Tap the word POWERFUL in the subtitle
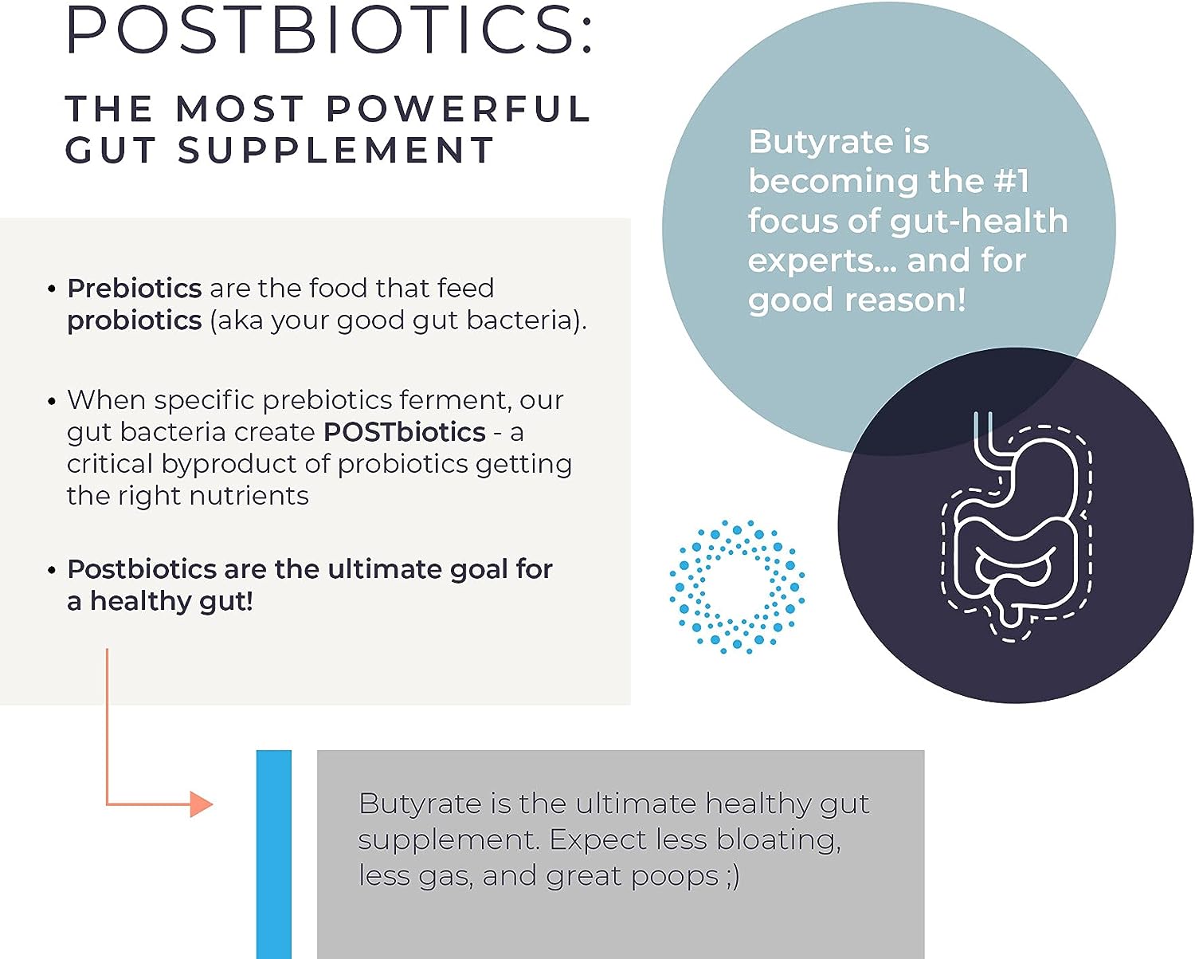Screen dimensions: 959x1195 click(x=457, y=109)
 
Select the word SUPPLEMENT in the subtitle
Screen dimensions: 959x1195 click(x=335, y=151)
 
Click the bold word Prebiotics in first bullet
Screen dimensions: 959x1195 click(x=134, y=288)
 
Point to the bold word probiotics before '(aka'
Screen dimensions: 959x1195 click(x=134, y=320)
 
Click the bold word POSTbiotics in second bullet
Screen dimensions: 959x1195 click(x=404, y=432)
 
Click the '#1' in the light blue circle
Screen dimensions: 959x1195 click(x=1011, y=181)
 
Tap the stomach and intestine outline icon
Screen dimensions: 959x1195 click(x=1016, y=526)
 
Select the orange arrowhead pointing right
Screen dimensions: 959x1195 click(x=201, y=804)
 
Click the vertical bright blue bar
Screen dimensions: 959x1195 click(x=274, y=853)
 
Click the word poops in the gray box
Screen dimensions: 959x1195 click(x=674, y=876)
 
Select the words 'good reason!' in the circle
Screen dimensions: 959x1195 click(x=856, y=301)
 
